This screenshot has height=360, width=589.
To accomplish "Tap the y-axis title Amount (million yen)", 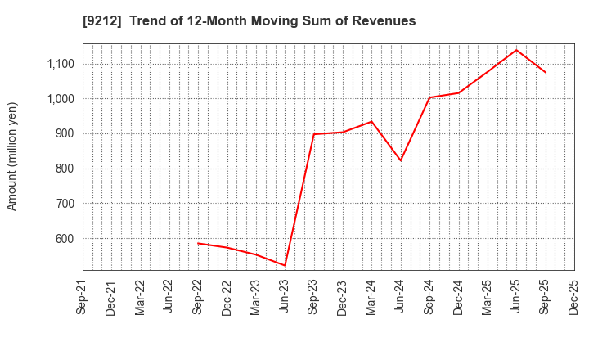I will click(x=12, y=156).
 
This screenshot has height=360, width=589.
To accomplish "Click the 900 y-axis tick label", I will click(x=64, y=133).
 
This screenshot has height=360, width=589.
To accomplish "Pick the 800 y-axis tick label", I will click(x=64, y=169).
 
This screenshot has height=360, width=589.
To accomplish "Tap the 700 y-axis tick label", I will click(x=64, y=204).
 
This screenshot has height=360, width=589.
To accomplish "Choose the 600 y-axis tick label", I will click(x=64, y=239).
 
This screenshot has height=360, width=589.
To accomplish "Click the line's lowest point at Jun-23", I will click(x=285, y=265).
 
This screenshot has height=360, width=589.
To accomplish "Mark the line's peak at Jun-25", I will click(x=516, y=50).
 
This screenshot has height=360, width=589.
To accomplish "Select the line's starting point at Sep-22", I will click(x=198, y=243).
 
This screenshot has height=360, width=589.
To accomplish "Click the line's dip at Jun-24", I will click(x=401, y=160).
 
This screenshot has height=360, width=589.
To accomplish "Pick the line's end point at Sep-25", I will click(x=546, y=72).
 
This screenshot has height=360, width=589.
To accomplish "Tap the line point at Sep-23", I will click(x=314, y=134).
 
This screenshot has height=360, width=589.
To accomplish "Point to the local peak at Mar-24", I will click(x=371, y=121).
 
